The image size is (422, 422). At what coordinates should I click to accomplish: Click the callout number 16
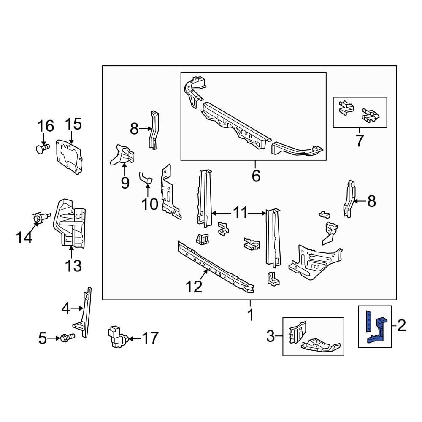point(46,126)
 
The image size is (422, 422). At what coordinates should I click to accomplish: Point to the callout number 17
point(149,338)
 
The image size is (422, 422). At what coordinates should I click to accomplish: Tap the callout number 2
point(401,325)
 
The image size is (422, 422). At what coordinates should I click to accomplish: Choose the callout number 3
point(271,336)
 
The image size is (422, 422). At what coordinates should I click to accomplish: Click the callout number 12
point(195,287)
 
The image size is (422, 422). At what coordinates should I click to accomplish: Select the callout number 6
point(256,175)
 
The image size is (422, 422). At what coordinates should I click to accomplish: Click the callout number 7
point(359,141)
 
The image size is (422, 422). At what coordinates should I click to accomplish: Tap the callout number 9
point(125,183)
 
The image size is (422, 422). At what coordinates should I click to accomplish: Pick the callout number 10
point(149,204)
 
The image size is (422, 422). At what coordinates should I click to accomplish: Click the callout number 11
point(241,213)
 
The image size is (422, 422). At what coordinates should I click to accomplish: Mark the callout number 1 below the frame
point(250,315)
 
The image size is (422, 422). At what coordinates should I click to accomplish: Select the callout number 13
point(73,266)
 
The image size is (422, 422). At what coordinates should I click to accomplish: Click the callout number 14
point(24,238)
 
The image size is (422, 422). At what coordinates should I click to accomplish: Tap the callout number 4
point(65,309)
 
